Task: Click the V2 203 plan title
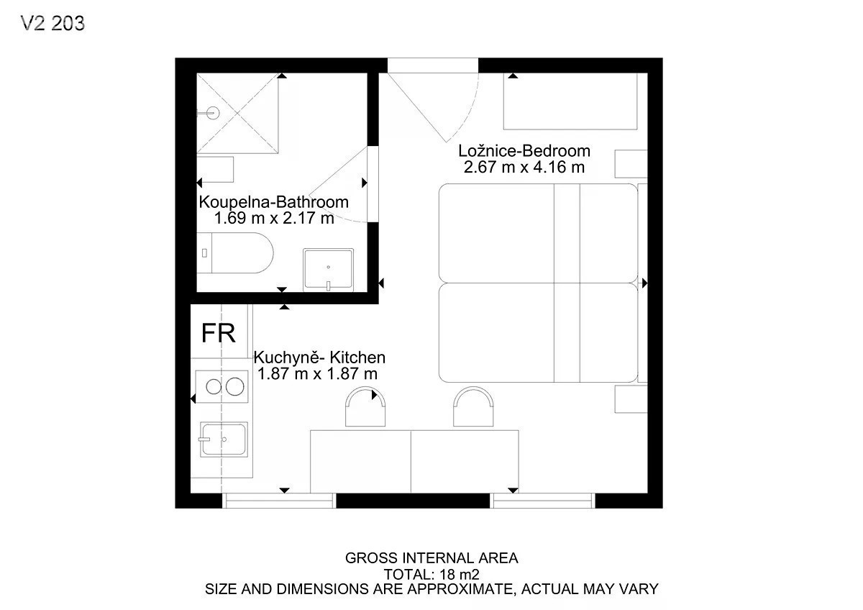coord(52,23)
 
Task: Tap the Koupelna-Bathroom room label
coord(273,202)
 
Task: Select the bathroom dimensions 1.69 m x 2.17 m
coord(273,218)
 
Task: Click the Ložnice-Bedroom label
coord(524,150)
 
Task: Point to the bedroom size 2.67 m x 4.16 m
coord(524,167)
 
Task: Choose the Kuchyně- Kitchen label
coord(319,358)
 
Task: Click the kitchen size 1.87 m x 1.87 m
coord(317,374)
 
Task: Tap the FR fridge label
coord(218,333)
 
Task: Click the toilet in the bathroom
coord(235,252)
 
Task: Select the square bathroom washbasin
coord(328,269)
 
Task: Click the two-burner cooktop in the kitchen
coord(222,386)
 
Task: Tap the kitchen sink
coord(224,440)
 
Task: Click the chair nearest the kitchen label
coord(365,407)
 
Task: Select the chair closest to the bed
coord(473,407)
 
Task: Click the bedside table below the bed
coord(631,399)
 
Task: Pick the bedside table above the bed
coord(631,164)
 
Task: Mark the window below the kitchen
coord(279,501)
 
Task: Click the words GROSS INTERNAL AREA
coord(431,558)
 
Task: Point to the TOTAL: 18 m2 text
coord(431,575)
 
